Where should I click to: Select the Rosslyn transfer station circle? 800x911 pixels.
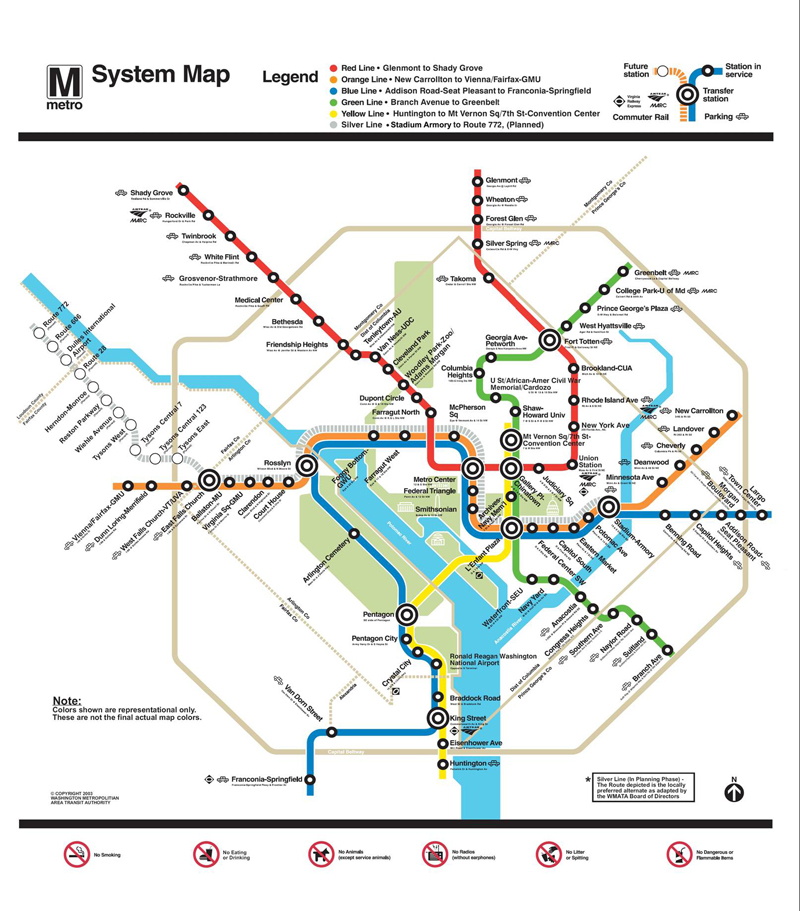[x=307, y=466]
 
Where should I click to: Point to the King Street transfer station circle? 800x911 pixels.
[x=437, y=718]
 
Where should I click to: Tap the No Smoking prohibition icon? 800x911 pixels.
[x=77, y=854]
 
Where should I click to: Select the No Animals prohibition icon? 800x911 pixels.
[x=322, y=854]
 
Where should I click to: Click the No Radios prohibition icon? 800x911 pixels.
[x=435, y=854]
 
